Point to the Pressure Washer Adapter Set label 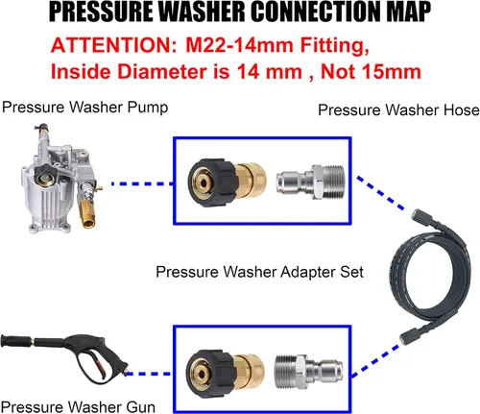tap(259, 272)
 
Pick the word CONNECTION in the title tap(302, 13)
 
